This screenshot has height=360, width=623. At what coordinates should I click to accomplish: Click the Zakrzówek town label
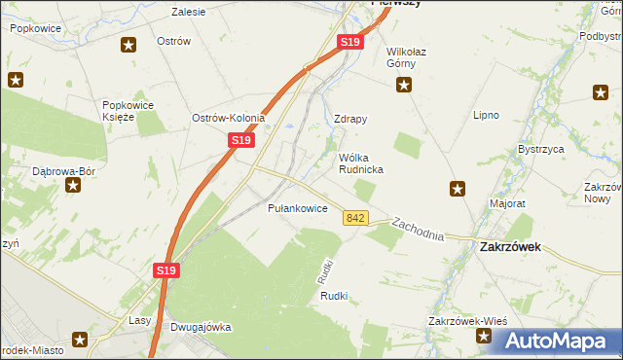coord(510,247)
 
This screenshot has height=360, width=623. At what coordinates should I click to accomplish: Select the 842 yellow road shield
coord(355,220)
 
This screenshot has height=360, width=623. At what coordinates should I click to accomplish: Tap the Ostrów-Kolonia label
coord(229,118)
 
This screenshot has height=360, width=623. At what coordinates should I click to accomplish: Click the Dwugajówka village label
coord(201,327)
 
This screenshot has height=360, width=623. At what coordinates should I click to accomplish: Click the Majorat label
coord(507,204)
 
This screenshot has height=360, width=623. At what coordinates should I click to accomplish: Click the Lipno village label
coord(486,115)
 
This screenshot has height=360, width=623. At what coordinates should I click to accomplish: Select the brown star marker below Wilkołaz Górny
coord(403,86)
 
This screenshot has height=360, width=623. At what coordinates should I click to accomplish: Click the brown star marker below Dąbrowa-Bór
coord(73,184)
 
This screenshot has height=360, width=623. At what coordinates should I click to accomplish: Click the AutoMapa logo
coord(555,341)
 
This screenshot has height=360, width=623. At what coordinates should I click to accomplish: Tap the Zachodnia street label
coord(418,230)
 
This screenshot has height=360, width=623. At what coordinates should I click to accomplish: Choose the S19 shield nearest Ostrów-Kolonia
coord(241,141)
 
